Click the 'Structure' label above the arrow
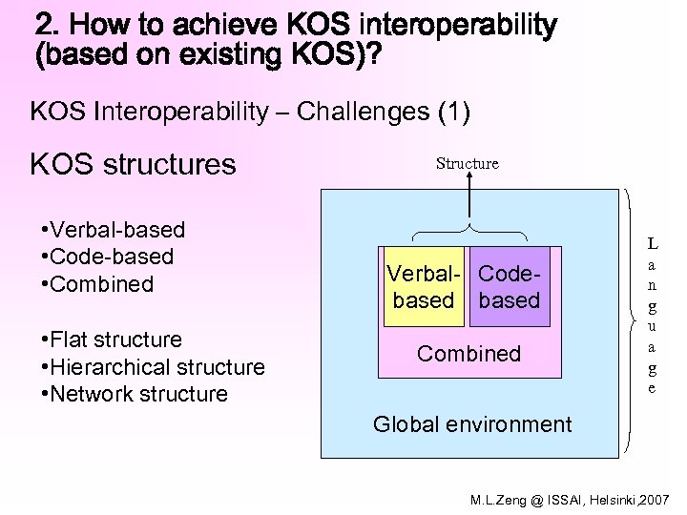click(467, 163)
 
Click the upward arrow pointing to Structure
click(468, 199)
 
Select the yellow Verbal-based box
click(423, 287)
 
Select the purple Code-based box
click(510, 287)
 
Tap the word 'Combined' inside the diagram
click(468, 354)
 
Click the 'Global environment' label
click(471, 424)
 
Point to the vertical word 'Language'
click(652, 316)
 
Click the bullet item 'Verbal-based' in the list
click(114, 230)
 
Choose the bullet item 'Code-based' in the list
click(108, 257)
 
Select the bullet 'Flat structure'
click(112, 340)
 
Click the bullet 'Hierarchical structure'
click(153, 367)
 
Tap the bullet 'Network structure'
click(135, 394)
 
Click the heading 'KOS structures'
click(133, 164)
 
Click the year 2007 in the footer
click(656, 500)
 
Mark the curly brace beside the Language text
click(630, 316)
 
